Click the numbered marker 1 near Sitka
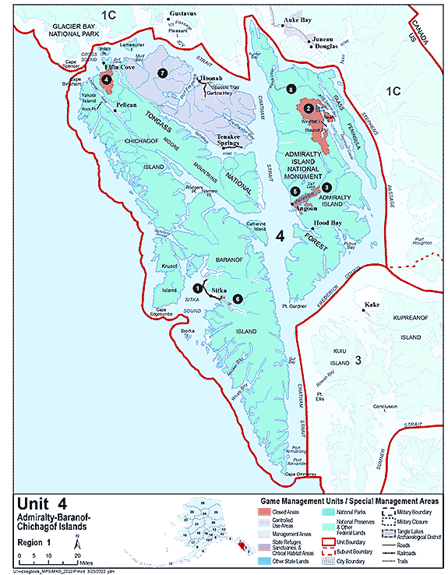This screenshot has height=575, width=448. click(197, 288)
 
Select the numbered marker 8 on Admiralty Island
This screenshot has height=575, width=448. click(291, 90)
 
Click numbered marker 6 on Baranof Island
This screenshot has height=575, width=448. click(238, 298)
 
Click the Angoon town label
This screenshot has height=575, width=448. click(305, 208)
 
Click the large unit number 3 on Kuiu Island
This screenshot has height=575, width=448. click(358, 360)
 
